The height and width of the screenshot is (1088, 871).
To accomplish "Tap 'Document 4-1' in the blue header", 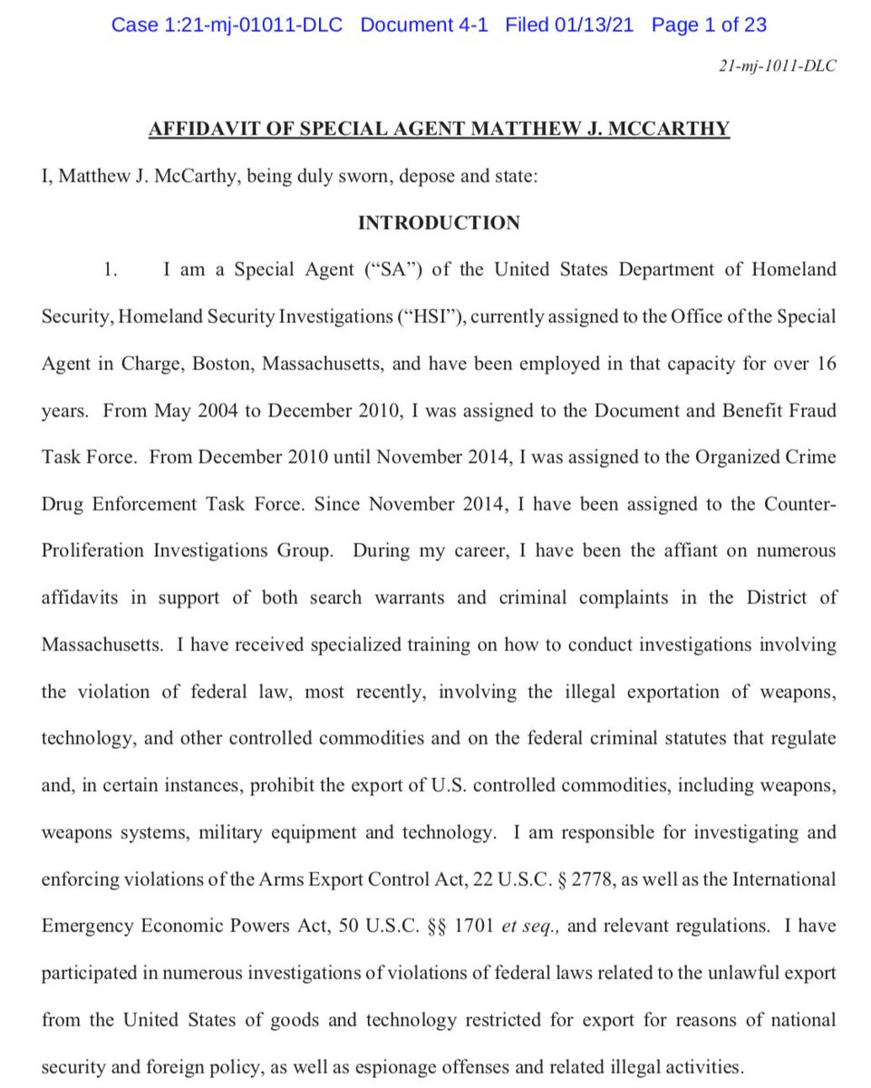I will click(423, 24).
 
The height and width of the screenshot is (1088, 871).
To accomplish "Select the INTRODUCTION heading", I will click(439, 223).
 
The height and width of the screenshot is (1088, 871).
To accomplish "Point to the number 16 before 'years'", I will click(823, 364).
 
